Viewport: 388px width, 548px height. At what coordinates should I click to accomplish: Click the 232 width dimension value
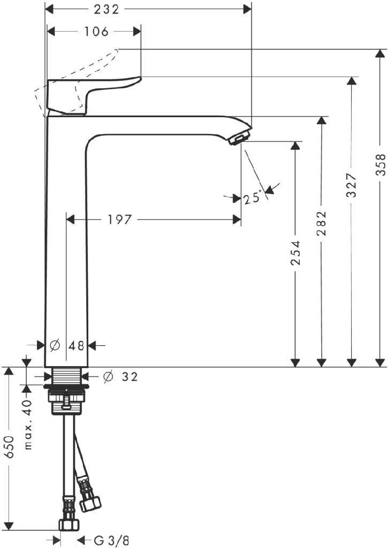pos(106,10)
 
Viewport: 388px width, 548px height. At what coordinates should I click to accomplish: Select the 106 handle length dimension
pos(96,32)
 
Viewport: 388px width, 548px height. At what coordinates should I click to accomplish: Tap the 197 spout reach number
pos(119,219)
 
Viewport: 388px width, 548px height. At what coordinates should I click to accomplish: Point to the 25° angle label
pos(253,198)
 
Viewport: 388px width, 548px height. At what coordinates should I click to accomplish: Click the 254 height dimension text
pos(296,253)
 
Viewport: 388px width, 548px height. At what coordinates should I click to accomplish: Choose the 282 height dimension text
pos(321,223)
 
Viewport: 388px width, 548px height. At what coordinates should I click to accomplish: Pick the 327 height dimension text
pos(351,185)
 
